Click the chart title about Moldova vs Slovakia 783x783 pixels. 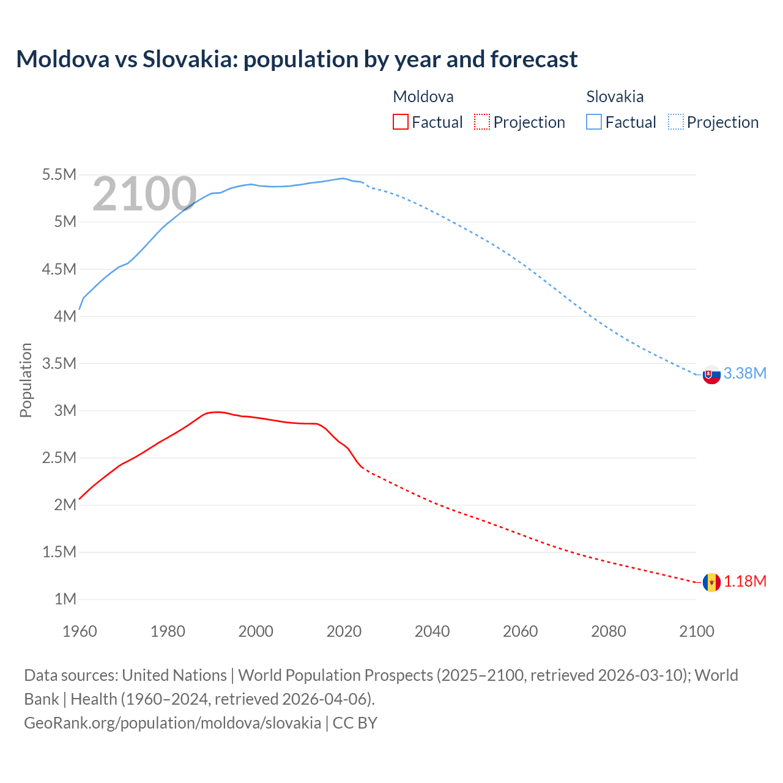coord(297,59)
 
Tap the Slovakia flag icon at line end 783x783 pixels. coord(711,374)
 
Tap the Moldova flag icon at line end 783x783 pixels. coord(711,582)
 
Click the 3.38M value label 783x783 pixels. coord(744,373)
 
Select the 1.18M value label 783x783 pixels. coord(744,581)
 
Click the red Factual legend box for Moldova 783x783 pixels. coord(401,122)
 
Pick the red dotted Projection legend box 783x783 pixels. coord(482,122)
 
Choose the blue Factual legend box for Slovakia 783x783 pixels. coord(594,122)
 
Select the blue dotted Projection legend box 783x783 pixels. coord(675,122)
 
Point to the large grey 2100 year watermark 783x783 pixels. coord(144,194)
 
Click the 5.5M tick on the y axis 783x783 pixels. coord(59,175)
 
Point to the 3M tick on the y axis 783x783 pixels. coord(65,410)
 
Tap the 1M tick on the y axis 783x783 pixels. coord(65,599)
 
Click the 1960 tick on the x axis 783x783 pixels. coord(80,631)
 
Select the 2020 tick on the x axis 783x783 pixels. coord(344,631)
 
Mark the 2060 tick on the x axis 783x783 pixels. coord(520,631)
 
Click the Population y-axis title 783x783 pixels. coord(26,380)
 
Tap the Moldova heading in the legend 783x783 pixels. coord(423,97)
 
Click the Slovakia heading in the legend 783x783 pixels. coord(615,97)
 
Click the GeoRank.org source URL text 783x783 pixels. coord(173,723)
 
